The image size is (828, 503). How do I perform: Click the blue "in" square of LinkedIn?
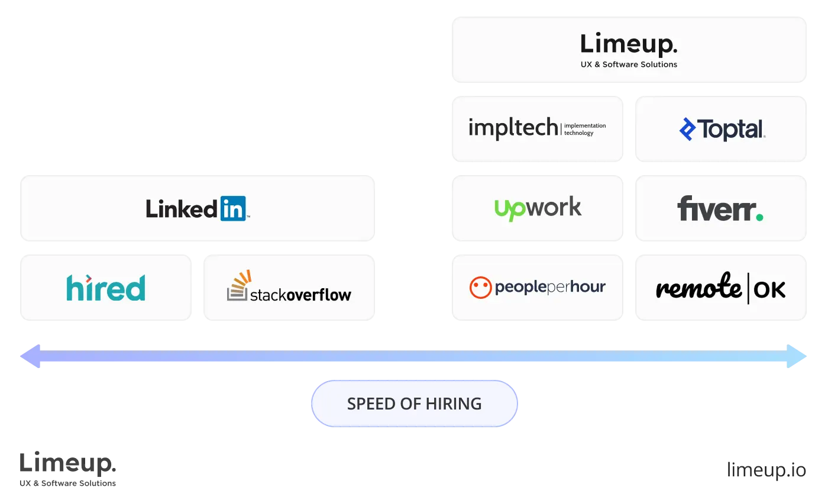click(233, 208)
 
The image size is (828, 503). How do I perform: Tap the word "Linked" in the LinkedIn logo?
click(182, 208)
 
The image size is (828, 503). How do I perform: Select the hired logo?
click(106, 288)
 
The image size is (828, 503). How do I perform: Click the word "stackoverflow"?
click(300, 294)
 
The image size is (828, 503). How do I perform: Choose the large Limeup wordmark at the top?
click(628, 45)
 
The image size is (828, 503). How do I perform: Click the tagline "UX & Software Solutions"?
click(629, 65)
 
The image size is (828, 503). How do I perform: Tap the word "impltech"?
click(513, 128)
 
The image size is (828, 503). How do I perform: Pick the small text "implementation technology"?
click(584, 129)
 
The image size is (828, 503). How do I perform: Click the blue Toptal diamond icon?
click(687, 129)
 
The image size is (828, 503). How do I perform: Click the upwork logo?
click(538, 208)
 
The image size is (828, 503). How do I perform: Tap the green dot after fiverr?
click(759, 217)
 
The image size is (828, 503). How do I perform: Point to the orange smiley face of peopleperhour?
click(480, 288)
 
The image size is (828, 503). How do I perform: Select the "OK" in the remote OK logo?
click(770, 289)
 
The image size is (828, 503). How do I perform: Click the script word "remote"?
click(698, 288)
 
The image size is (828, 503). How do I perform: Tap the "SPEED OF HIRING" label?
click(414, 404)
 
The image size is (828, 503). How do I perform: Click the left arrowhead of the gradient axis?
click(31, 356)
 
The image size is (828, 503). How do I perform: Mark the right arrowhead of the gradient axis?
click(797, 356)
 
